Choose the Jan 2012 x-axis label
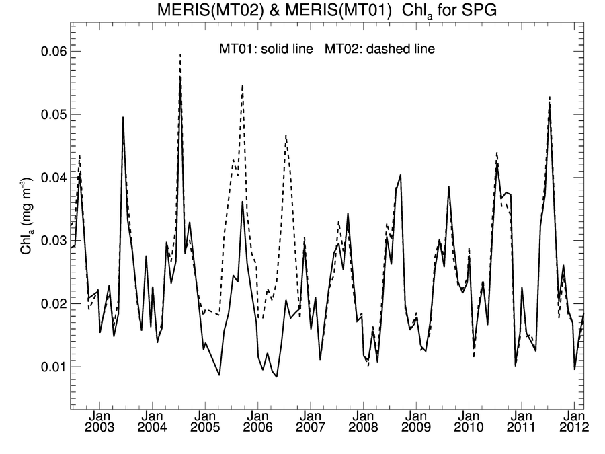click(575, 422)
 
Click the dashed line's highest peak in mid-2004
click(180, 55)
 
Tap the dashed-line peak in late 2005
click(242, 85)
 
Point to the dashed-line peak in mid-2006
click(286, 136)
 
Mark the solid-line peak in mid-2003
click(123, 118)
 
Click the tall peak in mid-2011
click(550, 98)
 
